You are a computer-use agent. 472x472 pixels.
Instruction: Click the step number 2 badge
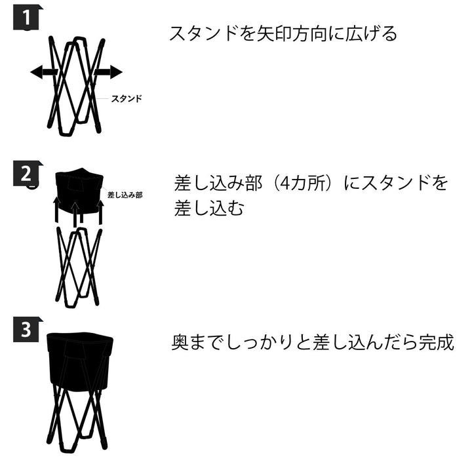(x=26, y=174)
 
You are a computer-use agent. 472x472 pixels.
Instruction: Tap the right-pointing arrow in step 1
(x=109, y=72)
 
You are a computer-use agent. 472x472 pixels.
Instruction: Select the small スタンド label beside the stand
(x=127, y=98)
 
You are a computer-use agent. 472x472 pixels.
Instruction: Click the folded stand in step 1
(x=75, y=85)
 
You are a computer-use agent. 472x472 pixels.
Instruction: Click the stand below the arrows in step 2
(x=77, y=265)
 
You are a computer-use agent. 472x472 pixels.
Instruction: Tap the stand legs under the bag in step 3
(x=77, y=420)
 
